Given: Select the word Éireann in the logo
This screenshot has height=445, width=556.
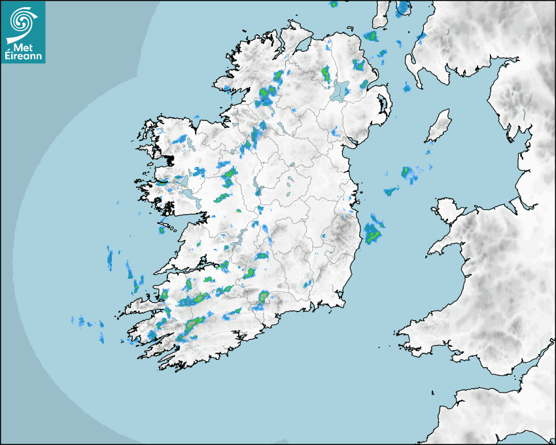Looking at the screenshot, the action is pos(24,57).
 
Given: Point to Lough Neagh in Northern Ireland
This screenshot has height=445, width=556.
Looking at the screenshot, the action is pos(340,90).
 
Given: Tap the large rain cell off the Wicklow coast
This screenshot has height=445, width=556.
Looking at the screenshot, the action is pos(374,232).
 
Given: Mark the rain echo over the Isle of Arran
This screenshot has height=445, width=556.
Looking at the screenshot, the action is pos(403,8).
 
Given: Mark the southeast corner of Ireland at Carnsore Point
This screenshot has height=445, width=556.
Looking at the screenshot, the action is pos(343,302).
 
